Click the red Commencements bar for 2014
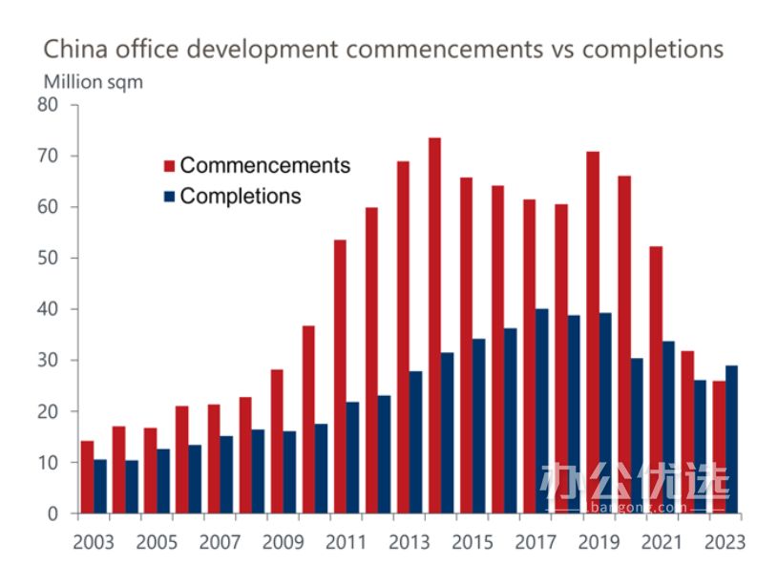434,325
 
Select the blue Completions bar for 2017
542,410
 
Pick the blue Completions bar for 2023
731,439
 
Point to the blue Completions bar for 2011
352,457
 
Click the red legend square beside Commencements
169,165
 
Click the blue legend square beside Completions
169,197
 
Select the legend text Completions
241,197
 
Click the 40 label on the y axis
49,309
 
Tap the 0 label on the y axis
53,513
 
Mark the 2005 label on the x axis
157,542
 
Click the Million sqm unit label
93,82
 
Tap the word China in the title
74,50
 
